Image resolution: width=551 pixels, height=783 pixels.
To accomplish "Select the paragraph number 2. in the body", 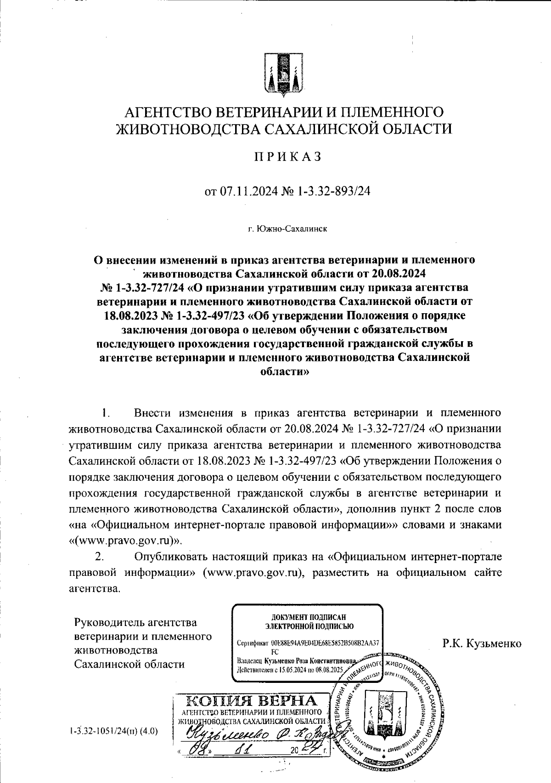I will (98, 557).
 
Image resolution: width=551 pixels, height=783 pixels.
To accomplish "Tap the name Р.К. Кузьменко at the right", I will (482, 643).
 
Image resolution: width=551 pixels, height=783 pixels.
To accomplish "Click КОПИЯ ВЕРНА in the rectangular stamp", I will (252, 701).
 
